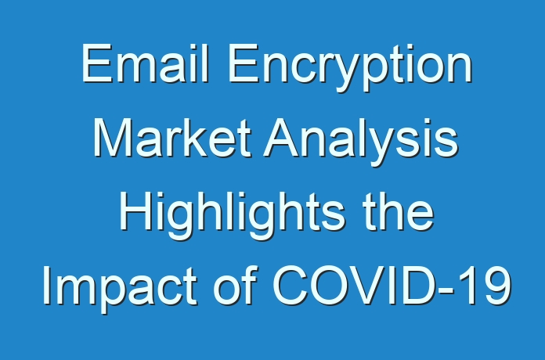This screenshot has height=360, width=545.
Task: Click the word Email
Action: pos(145,63)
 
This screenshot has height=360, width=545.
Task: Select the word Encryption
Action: pos(350,67)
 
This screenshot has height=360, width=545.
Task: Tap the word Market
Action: pos(172,138)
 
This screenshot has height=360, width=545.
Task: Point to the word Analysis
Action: pos(361,142)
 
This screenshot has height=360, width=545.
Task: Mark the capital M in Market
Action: pos(114,138)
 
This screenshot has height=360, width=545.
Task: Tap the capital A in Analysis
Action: pos(282,138)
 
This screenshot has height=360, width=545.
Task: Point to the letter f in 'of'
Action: pos(250,285)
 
